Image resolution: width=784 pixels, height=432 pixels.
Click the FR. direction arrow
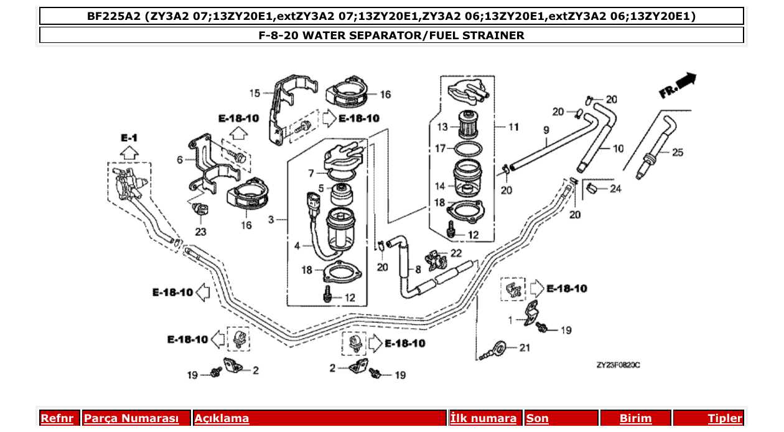pyautogui.click(x=679, y=86)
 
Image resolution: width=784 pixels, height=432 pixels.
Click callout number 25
pyautogui.click(x=677, y=152)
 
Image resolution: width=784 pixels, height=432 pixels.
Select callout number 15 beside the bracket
pyautogui.click(x=254, y=93)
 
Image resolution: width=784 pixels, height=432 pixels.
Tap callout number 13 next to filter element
pyautogui.click(x=442, y=127)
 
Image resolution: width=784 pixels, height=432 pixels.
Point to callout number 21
pyautogui.click(x=525, y=347)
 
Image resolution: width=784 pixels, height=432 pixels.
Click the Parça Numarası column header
pyautogui.click(x=131, y=418)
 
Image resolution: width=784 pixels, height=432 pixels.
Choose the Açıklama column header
pyautogui.click(x=222, y=418)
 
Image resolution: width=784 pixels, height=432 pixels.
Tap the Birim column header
pyautogui.click(x=635, y=418)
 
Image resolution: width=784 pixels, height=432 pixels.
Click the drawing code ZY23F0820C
pyautogui.click(x=618, y=365)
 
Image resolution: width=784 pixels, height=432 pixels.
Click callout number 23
pyautogui.click(x=200, y=232)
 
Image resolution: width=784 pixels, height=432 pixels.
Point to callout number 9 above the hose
pyautogui.click(x=546, y=129)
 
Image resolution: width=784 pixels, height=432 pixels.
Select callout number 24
pyautogui.click(x=615, y=189)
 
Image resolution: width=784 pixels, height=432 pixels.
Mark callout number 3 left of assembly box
pyautogui.click(x=271, y=220)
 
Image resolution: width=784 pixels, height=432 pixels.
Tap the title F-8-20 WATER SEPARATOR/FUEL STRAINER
pyautogui.click(x=391, y=35)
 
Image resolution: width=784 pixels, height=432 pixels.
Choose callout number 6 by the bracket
pyautogui.click(x=180, y=159)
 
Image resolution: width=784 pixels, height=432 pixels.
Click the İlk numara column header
pyautogui.click(x=483, y=418)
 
